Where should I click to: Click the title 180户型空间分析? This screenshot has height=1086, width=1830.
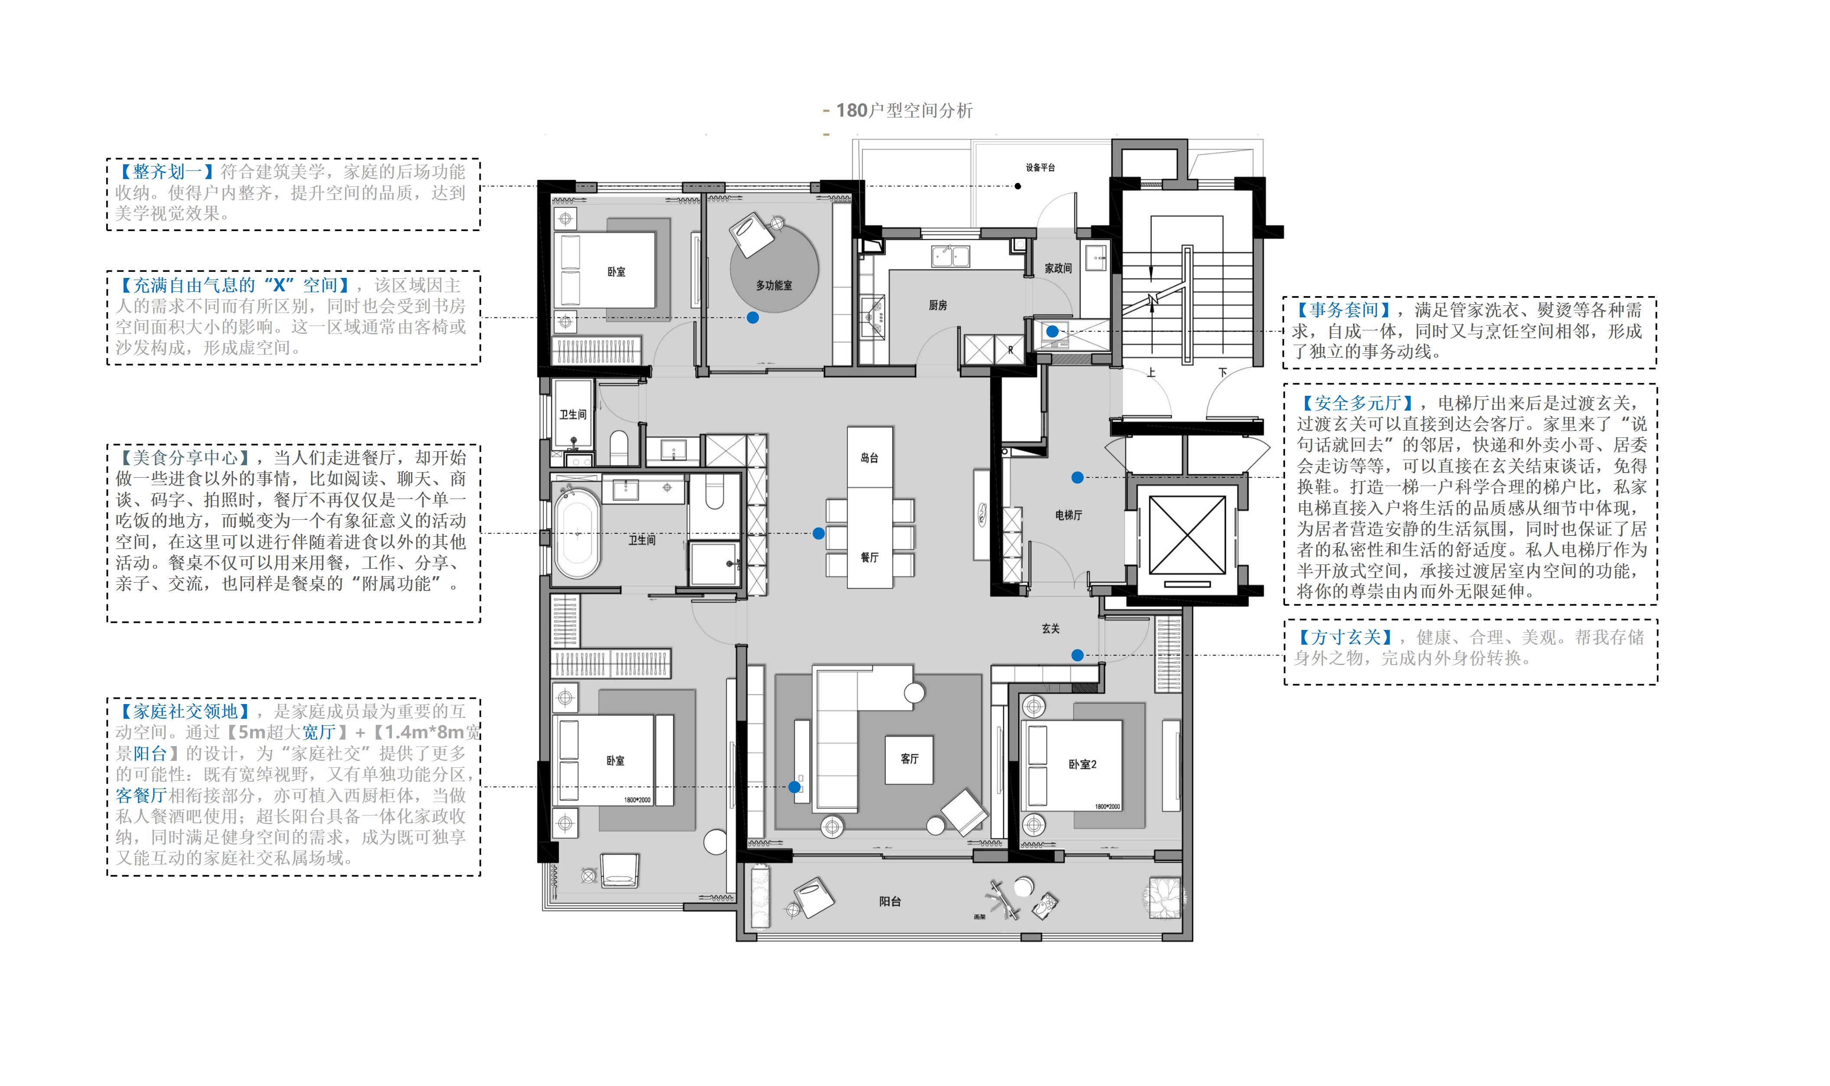click(904, 111)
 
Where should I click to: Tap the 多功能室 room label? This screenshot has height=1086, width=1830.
click(774, 285)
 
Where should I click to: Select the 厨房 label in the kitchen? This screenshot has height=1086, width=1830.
click(938, 305)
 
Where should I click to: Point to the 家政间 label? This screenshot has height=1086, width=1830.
click(1058, 268)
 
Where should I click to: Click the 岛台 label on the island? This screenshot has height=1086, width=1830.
click(869, 458)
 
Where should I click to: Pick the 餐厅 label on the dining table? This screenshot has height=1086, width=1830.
click(869, 558)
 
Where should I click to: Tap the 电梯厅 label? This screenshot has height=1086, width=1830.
click(1068, 515)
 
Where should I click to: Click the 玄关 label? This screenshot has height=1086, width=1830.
click(1051, 629)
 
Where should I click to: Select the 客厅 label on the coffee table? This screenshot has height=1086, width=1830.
click(910, 759)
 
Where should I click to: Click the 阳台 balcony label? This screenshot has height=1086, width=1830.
click(890, 902)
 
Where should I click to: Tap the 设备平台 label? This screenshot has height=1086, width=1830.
click(1041, 168)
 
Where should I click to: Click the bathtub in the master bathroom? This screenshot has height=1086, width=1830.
click(577, 533)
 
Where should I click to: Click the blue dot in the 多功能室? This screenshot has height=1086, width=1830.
click(753, 318)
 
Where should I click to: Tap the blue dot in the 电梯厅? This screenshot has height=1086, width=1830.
click(1077, 478)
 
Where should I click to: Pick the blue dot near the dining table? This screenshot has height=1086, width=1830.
click(819, 534)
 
